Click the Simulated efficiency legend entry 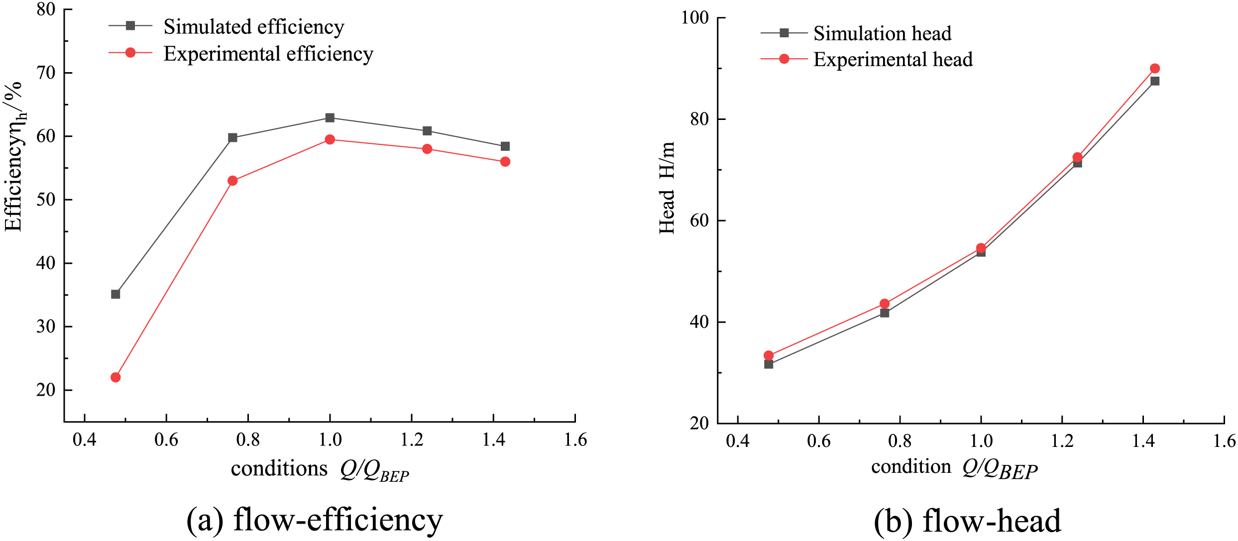(x=253, y=27)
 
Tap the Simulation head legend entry (x=882, y=33)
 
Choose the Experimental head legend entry (x=893, y=60)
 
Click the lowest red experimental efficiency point (x=115, y=377)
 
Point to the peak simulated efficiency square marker (x=330, y=118)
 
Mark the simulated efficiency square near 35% (x=115, y=294)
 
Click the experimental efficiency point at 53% (x=232, y=181)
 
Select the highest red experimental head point (x=1155, y=69)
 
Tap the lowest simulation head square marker (x=769, y=364)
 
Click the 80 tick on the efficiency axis (x=46, y=9)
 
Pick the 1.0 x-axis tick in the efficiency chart (x=330, y=440)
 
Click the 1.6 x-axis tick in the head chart (x=1224, y=441)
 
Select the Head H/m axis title (x=667, y=188)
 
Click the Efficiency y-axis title (x=14, y=157)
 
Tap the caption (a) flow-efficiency (x=315, y=520)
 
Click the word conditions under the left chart (x=279, y=469)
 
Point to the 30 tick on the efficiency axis (x=46, y=326)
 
